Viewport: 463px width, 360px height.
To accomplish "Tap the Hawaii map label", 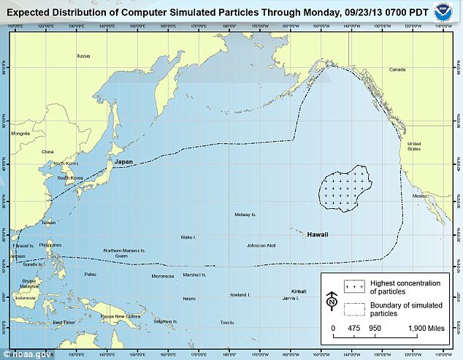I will [x=317, y=234].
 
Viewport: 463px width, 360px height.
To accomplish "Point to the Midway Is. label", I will [x=242, y=215].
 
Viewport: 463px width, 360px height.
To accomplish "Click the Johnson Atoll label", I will [x=261, y=245].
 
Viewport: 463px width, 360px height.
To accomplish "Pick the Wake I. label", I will [x=188, y=237].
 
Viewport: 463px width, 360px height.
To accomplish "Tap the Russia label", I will [x=83, y=55].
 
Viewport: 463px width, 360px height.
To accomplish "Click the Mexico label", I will [x=419, y=196].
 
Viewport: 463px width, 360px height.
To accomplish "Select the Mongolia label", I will [x=20, y=133].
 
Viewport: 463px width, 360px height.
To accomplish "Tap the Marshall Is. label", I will [x=194, y=275].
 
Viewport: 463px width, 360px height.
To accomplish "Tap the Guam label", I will [x=121, y=256].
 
